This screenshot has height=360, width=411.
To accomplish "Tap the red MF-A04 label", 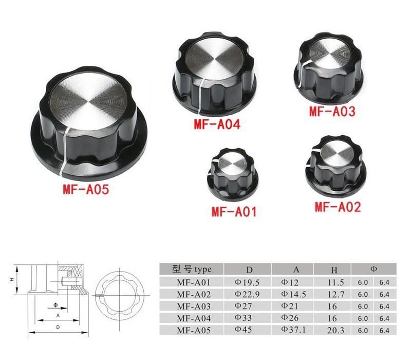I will [217, 124].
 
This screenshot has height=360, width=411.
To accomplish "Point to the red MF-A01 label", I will [234, 211].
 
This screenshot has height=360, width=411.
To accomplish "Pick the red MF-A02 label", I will [338, 207].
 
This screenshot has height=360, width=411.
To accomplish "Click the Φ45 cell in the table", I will [244, 330].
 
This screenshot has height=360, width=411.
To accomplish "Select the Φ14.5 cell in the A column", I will [294, 294].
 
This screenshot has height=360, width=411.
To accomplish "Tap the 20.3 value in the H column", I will [334, 330].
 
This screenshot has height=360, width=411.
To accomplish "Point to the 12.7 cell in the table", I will [334, 294].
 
